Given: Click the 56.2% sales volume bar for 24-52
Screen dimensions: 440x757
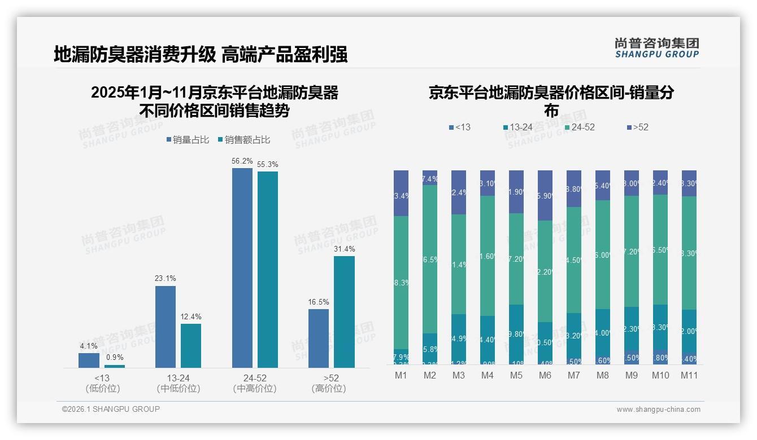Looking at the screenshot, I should point(242,268).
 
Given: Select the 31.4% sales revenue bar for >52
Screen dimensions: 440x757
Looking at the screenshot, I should point(344,312).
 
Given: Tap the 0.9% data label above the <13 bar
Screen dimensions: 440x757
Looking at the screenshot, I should point(115,357).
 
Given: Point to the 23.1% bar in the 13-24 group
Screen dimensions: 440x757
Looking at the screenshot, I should point(166,327).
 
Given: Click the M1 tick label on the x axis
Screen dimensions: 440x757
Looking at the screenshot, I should point(401,375).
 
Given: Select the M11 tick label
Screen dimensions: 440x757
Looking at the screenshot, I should point(689,375).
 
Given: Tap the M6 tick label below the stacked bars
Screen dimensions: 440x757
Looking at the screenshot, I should point(545,375).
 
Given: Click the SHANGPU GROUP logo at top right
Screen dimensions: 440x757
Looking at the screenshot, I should point(656,47).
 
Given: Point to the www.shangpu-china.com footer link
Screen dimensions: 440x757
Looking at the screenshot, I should point(658,409).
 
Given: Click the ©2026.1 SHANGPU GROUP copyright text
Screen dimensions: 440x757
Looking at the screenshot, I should point(111,409).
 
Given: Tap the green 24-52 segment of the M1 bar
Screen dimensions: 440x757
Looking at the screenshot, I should point(401,282).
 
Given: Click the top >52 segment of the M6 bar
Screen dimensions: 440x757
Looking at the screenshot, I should point(545,195).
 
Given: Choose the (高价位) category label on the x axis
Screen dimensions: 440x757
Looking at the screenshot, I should point(329,389).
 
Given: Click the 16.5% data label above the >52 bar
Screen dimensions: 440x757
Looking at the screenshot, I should point(319,302).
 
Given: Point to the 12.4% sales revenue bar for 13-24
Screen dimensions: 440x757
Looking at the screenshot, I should point(191,345).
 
